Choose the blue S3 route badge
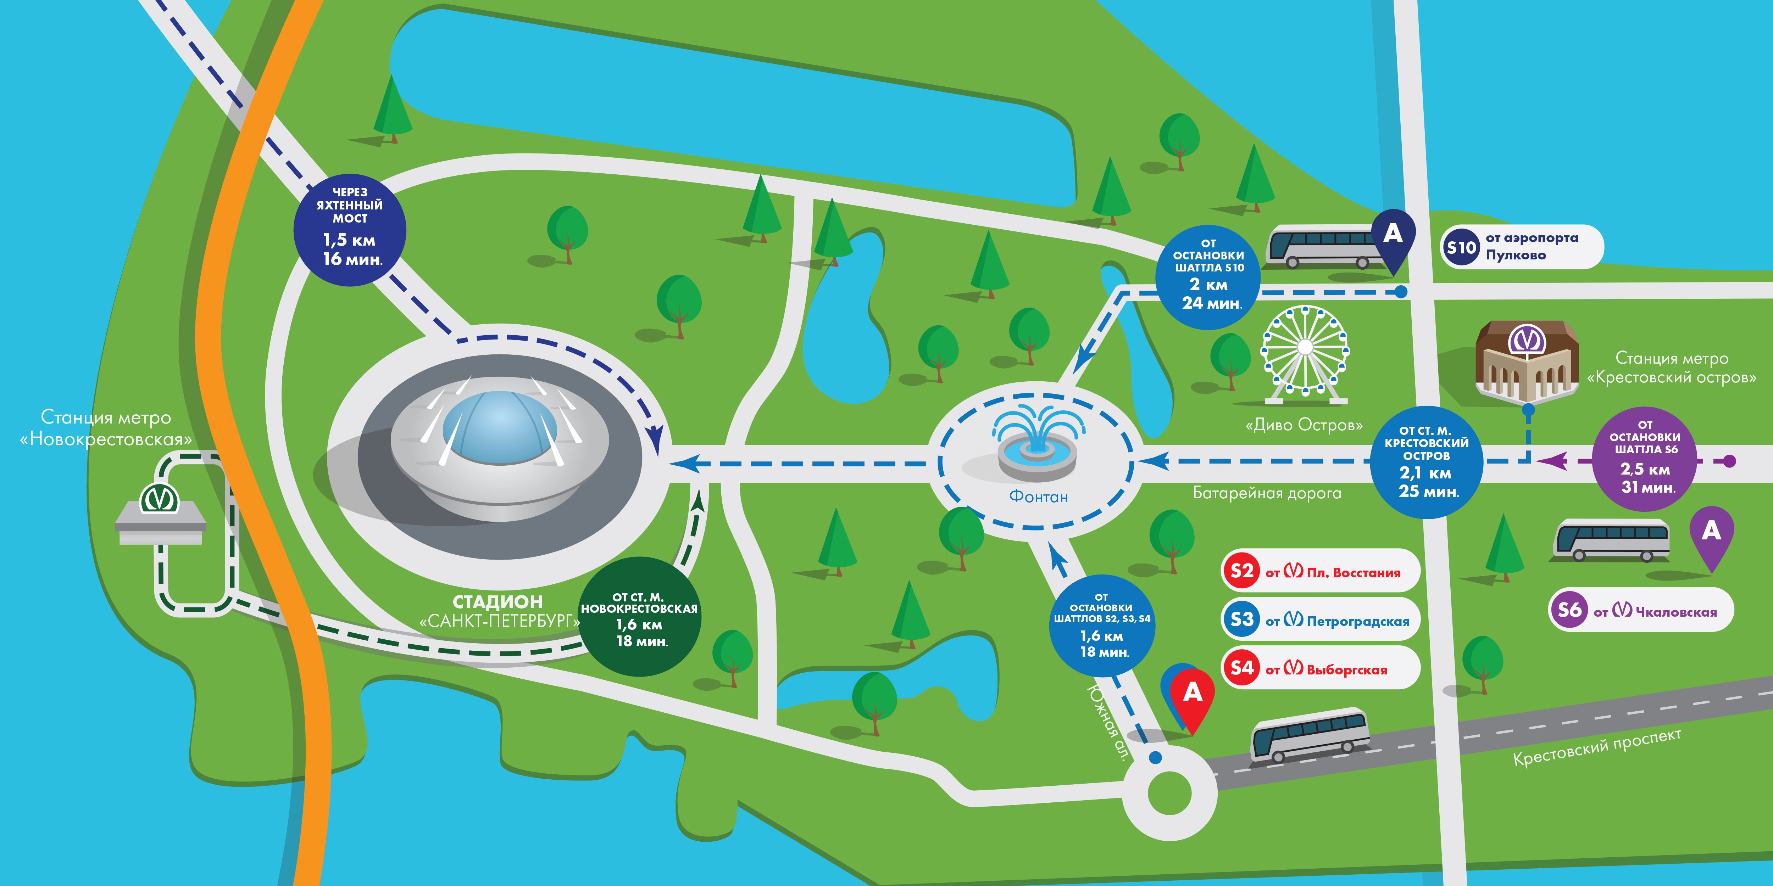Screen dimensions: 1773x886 click(x=1242, y=619)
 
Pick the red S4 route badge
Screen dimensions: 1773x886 click(x=1242, y=667)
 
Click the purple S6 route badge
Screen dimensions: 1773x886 click(x=1569, y=610)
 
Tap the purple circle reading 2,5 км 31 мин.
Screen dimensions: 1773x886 click(x=1645, y=459)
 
